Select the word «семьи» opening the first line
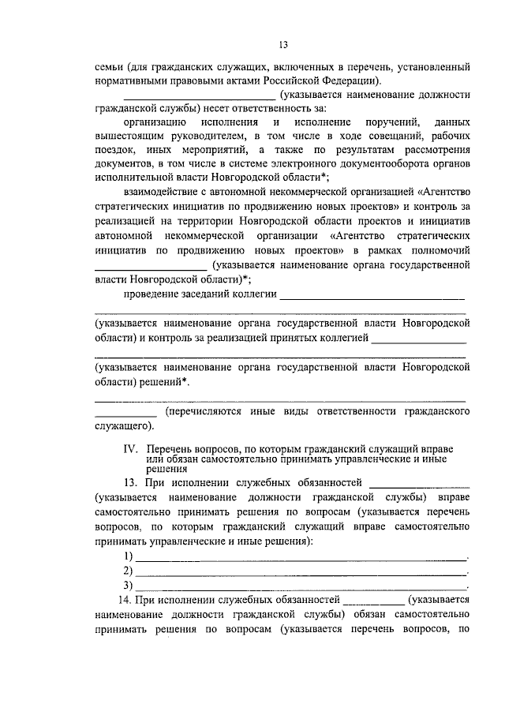(109, 67)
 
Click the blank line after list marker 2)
(301, 571)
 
